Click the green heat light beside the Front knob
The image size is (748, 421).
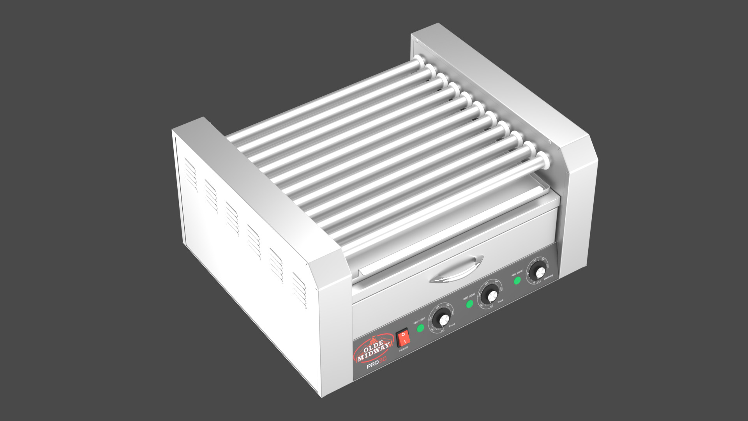[420, 328]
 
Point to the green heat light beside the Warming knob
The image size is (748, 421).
[517, 280]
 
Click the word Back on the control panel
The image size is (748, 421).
[500, 301]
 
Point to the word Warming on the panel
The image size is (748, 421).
[548, 276]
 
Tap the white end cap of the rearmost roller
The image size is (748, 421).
[419, 60]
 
